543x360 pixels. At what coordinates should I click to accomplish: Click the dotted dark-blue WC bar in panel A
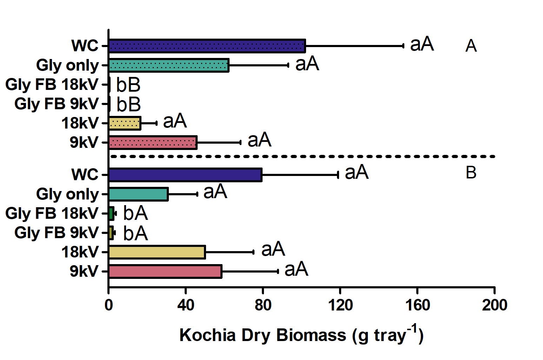pyautogui.click(x=207, y=46)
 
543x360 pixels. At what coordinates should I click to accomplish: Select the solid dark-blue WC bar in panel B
pyautogui.click(x=185, y=175)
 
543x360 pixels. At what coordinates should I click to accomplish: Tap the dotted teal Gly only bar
pyautogui.click(x=169, y=65)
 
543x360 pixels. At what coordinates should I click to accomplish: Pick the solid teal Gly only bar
pyautogui.click(x=138, y=194)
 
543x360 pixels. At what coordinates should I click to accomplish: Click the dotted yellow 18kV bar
pyautogui.click(x=125, y=123)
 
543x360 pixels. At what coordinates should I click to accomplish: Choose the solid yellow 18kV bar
pyautogui.click(x=157, y=252)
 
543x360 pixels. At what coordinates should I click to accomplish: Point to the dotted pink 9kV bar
pyautogui.click(x=153, y=142)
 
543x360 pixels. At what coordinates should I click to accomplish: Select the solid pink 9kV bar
pyautogui.click(x=165, y=271)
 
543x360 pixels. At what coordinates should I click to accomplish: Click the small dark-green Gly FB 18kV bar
pyautogui.click(x=111, y=214)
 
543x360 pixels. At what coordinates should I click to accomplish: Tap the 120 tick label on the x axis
pyautogui.click(x=340, y=305)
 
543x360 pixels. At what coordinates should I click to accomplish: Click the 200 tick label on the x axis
pyautogui.click(x=495, y=305)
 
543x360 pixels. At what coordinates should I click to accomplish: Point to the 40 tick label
pyautogui.click(x=186, y=305)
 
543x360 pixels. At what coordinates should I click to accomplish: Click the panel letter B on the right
pyautogui.click(x=471, y=173)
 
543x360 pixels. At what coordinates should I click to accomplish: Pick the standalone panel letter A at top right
pyautogui.click(x=471, y=46)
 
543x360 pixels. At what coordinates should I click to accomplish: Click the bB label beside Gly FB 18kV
pyautogui.click(x=128, y=85)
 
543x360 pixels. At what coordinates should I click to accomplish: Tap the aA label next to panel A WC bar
pyautogui.click(x=422, y=44)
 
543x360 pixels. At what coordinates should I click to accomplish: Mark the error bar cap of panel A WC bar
pyautogui.click(x=403, y=46)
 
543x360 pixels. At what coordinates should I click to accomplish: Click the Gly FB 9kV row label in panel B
pyautogui.click(x=56, y=233)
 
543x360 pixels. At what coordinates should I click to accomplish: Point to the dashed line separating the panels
pyautogui.click(x=303, y=157)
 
